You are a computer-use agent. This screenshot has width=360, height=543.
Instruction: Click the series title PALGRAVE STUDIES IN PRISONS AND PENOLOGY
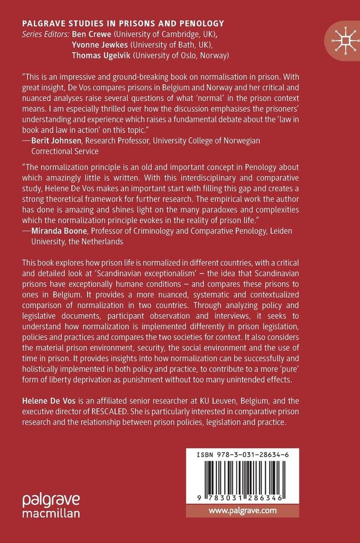pos(122,23)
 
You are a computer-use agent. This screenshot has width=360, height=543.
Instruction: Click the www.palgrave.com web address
pos(242,510)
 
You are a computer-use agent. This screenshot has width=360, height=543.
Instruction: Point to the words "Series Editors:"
pos(45,35)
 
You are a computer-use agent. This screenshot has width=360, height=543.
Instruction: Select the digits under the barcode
pos(242,495)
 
